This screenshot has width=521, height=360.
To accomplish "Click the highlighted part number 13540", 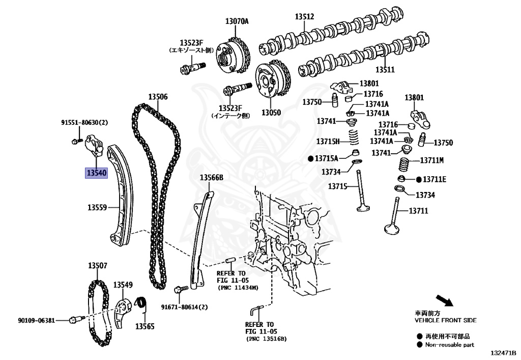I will [96, 173].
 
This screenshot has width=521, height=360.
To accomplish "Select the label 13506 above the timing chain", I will [158, 97].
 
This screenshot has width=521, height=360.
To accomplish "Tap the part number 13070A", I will [237, 21].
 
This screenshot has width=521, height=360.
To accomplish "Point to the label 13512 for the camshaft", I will [304, 17].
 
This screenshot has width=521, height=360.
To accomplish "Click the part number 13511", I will [385, 69].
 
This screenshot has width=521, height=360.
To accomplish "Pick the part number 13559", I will [97, 207].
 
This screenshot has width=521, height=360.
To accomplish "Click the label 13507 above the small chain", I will [97, 265].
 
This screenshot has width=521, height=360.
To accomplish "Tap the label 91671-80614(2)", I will [185, 307].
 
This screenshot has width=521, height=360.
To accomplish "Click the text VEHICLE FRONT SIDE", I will [446, 320].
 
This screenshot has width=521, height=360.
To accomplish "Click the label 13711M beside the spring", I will [432, 160].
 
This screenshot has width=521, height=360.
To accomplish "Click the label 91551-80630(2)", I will [85, 123].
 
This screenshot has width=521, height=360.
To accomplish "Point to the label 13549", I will [123, 285].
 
